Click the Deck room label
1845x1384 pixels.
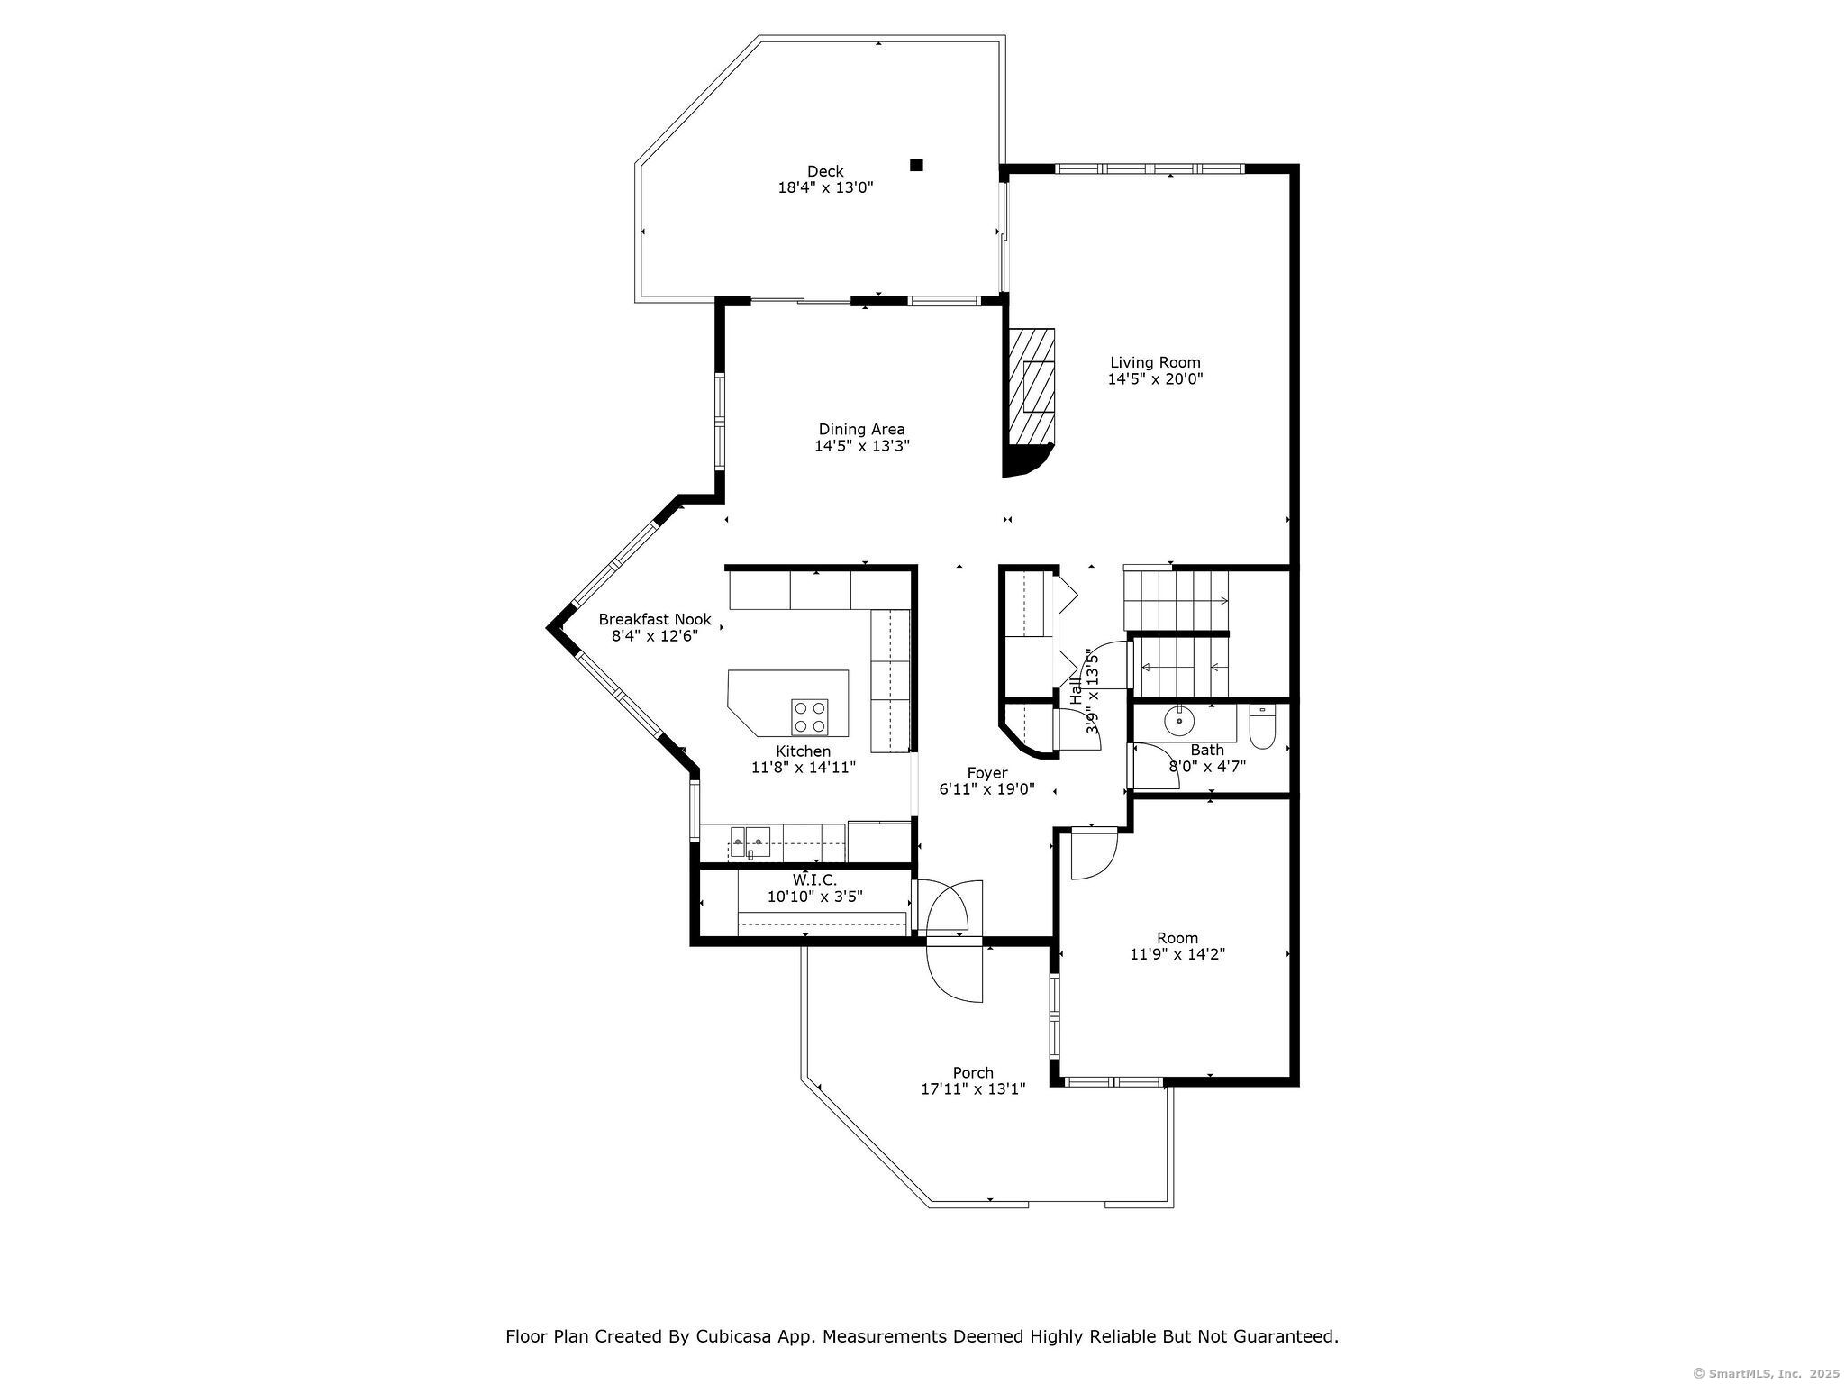tap(825, 171)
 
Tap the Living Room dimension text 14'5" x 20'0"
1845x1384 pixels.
tap(1155, 379)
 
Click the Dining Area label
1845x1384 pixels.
tap(861, 430)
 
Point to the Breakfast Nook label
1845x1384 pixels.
tap(655, 620)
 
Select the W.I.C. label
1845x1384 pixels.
tap(814, 879)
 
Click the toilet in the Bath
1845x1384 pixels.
tap(1262, 727)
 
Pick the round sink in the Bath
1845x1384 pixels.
tap(1179, 722)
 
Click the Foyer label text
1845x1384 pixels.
tap(987, 773)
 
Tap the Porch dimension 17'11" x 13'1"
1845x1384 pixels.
tap(973, 1088)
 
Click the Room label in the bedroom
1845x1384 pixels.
tap(1177, 938)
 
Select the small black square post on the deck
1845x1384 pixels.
tap(916, 165)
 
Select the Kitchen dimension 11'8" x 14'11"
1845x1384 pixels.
tap(803, 768)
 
